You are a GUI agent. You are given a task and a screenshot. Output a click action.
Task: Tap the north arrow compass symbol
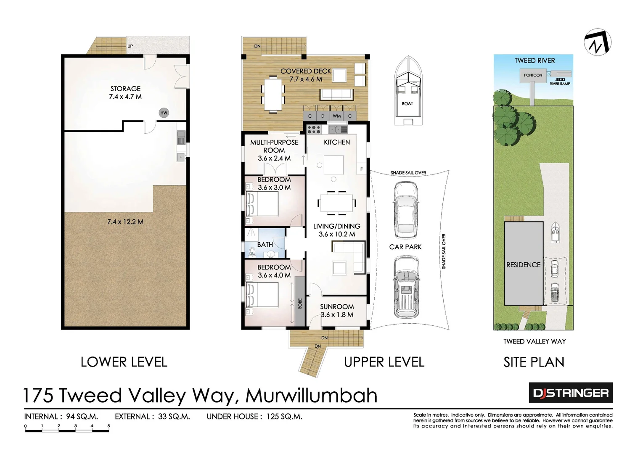click(x=598, y=42)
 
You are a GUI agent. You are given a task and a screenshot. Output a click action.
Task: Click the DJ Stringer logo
click(x=570, y=393)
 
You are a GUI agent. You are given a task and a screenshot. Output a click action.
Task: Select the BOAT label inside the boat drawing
click(x=407, y=103)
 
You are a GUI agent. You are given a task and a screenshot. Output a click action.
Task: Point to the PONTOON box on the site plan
click(x=533, y=75)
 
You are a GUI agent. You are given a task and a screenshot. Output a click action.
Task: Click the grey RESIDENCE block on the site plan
click(x=523, y=264)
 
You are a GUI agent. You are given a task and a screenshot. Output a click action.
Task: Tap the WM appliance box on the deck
click(x=337, y=116)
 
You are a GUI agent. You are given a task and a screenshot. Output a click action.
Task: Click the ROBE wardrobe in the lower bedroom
click(x=300, y=301)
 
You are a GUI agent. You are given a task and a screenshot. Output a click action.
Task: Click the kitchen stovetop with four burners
click(x=314, y=129)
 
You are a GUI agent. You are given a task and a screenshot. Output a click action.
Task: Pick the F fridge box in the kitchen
click(x=361, y=169)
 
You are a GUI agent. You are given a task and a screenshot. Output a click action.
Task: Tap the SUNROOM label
click(x=337, y=307)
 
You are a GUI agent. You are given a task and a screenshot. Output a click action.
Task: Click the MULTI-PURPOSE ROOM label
click(x=274, y=146)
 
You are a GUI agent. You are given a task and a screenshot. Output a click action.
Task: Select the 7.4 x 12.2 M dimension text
click(x=125, y=222)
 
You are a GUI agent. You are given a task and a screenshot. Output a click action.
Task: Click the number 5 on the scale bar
click(x=108, y=426)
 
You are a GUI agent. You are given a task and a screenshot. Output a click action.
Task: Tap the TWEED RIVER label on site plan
click(x=535, y=61)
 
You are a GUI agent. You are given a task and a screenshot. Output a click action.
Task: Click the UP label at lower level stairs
click(x=130, y=46)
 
